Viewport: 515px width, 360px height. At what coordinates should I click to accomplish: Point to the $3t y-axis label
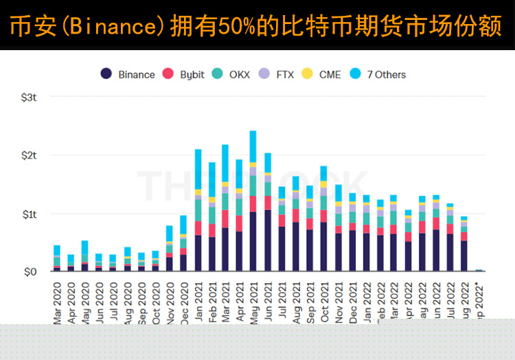(29, 98)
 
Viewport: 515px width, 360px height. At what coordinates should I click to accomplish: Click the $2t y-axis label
(29, 155)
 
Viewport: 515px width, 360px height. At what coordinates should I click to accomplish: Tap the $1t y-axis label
(29, 214)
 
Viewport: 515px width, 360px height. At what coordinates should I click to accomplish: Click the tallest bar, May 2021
(253, 206)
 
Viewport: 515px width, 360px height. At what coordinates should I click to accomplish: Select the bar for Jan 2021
(198, 213)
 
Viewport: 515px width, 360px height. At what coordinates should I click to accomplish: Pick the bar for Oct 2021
(323, 220)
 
